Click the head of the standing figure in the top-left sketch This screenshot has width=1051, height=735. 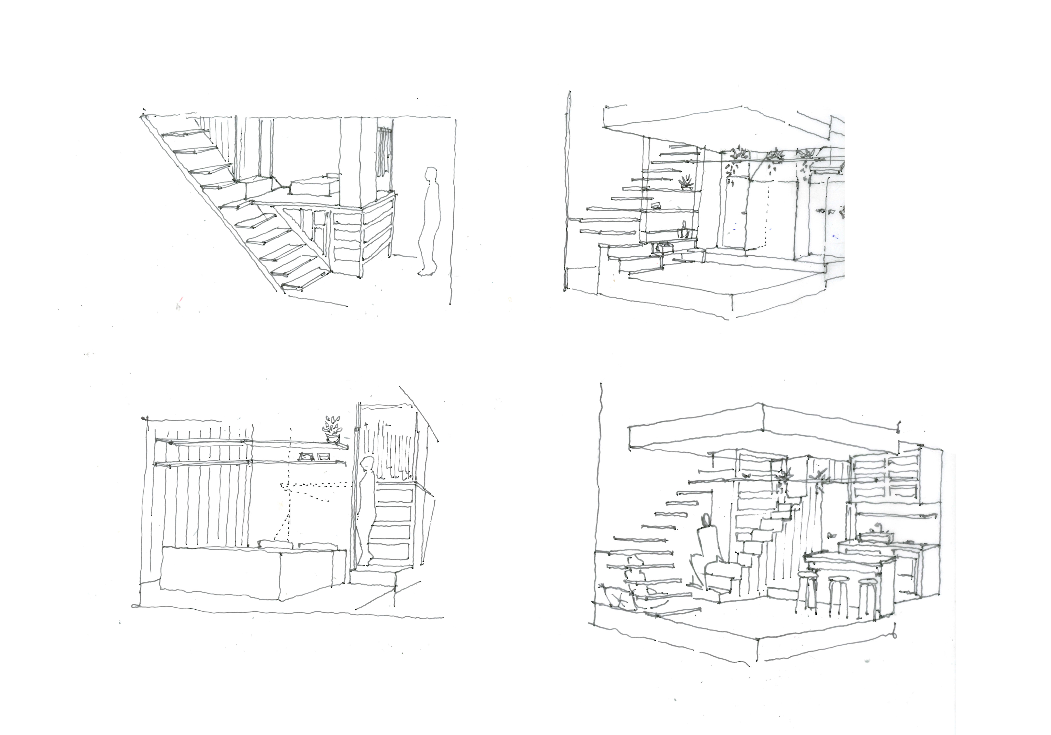[x=430, y=175]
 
